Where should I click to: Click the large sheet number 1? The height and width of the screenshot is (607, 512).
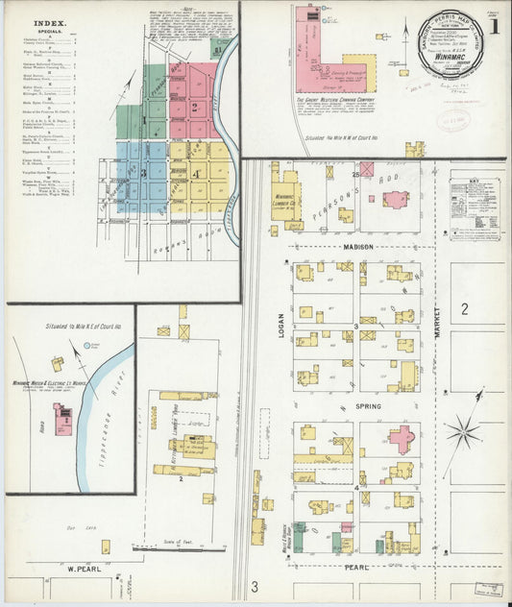[x=493, y=25]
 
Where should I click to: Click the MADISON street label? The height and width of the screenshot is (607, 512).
[x=358, y=247]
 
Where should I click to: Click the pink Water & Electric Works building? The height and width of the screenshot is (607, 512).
[x=63, y=417]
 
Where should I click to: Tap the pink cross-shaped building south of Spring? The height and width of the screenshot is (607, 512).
[x=401, y=438]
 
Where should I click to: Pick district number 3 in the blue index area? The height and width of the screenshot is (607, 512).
[x=143, y=174]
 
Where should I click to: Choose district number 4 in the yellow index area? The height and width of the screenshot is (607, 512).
[x=194, y=174]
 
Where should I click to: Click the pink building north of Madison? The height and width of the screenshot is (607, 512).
[x=396, y=199]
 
